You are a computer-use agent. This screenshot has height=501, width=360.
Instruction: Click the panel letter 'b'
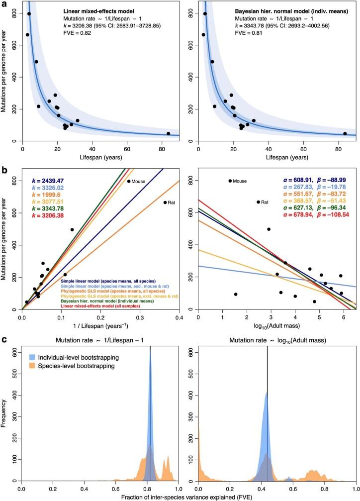(x=4, y=169)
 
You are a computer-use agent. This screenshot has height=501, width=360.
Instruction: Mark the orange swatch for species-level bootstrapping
(x=31, y=366)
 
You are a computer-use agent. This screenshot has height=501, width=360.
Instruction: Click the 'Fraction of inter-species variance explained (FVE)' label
(x=188, y=497)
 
